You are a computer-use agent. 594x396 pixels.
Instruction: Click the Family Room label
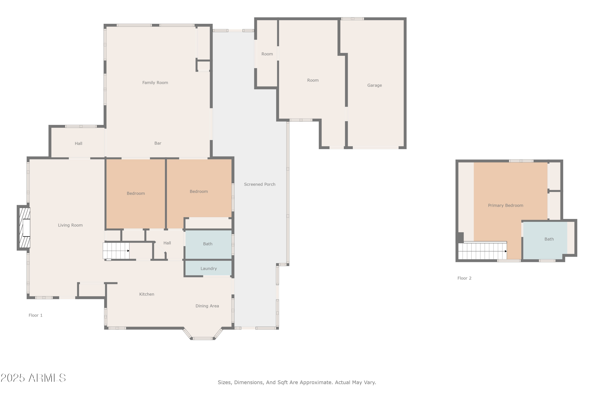[x=155, y=83]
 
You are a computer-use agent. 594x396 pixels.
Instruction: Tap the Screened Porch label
[x=260, y=184]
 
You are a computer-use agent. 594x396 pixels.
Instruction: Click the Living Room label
[x=70, y=225]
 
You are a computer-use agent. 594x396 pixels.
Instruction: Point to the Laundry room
[x=209, y=268]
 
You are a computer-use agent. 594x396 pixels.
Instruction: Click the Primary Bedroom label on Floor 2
[x=505, y=206]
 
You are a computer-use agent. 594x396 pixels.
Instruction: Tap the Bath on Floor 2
[x=549, y=239]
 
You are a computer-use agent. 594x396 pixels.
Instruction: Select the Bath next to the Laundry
[x=208, y=244]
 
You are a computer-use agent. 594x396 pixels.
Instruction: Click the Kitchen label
[x=147, y=294]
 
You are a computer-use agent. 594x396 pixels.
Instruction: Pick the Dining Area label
[x=207, y=306]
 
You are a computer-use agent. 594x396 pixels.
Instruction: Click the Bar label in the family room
[x=158, y=143]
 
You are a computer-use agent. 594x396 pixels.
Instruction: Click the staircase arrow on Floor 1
[x=128, y=251]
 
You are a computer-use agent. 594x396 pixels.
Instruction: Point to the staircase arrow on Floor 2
[x=506, y=251]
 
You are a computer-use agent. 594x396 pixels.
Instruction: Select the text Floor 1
[x=35, y=315]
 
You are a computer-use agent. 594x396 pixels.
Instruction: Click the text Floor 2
[x=464, y=278]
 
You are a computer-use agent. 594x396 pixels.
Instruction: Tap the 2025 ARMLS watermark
[x=33, y=378]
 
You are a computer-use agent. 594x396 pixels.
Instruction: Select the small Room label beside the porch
[x=267, y=54]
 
